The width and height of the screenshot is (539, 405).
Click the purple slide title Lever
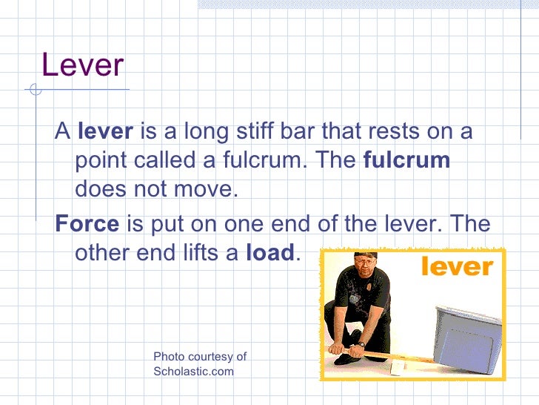pyautogui.click(x=82, y=65)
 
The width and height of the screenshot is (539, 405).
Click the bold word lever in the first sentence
pyautogui.click(x=105, y=132)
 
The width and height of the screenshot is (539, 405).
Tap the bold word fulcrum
pyautogui.click(x=406, y=161)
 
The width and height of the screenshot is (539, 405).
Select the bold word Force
pyautogui.click(x=87, y=224)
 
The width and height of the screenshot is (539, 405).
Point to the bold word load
pyautogui.click(x=270, y=253)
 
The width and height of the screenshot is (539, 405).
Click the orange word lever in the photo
pyautogui.click(x=457, y=266)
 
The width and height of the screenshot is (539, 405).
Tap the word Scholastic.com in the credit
pyautogui.click(x=193, y=372)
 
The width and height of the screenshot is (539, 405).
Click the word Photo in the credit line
pyautogui.click(x=169, y=357)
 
